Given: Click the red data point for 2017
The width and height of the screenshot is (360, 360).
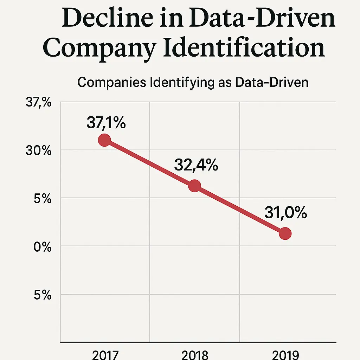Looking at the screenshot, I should [x=104, y=140].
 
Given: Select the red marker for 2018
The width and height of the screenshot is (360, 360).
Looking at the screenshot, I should [x=194, y=186].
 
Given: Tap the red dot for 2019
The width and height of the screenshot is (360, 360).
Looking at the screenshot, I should [x=285, y=233].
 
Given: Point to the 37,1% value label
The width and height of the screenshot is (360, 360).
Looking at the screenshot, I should [x=106, y=123].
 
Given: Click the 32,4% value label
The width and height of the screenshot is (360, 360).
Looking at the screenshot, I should [x=196, y=165].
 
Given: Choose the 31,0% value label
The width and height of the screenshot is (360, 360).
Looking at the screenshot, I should [x=285, y=213].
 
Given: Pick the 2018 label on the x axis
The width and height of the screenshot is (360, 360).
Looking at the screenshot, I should [x=195, y=354].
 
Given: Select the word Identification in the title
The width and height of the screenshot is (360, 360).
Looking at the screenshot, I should [x=244, y=48].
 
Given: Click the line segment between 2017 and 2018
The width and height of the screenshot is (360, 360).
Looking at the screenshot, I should [x=149, y=163].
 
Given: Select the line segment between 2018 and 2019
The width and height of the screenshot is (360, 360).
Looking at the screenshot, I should [x=240, y=210].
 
